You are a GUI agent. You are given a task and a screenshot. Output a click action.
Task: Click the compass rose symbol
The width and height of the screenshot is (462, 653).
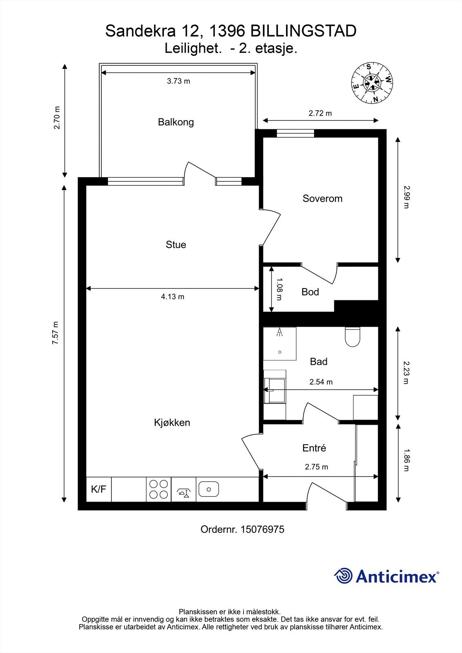click(x=372, y=83)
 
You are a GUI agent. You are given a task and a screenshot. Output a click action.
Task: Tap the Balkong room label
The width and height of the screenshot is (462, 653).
click(x=176, y=122)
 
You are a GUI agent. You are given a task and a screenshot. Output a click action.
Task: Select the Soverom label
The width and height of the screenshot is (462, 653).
click(x=322, y=198)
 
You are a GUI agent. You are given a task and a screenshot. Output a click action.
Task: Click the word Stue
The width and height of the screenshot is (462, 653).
click(x=176, y=244)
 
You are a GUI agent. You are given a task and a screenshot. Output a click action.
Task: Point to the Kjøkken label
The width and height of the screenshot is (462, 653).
click(x=172, y=422)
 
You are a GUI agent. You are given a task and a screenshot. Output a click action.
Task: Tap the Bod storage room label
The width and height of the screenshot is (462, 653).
click(x=310, y=292)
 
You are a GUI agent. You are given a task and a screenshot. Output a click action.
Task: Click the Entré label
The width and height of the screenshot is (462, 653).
click(x=314, y=448)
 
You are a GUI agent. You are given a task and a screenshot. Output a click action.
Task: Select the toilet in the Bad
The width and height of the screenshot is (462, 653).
click(x=353, y=337)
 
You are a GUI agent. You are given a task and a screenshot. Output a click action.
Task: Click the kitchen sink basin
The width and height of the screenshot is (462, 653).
click(x=209, y=489)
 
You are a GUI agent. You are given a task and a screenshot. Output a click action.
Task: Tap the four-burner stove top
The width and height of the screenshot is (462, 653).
click(x=158, y=489)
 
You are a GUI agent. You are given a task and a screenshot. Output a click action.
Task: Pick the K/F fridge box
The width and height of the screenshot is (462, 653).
click(x=98, y=489)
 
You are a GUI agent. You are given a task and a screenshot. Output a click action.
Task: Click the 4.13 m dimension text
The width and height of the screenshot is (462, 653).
click(x=172, y=297)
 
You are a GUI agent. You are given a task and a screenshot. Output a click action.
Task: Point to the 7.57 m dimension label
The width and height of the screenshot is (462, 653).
click(x=56, y=333)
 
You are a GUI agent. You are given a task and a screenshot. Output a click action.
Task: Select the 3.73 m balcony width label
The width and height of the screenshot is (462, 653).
click(x=179, y=81)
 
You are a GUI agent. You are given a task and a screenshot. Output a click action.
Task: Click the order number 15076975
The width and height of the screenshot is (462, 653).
click(x=262, y=529)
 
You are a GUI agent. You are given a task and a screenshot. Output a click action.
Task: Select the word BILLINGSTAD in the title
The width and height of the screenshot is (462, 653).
click(x=304, y=31)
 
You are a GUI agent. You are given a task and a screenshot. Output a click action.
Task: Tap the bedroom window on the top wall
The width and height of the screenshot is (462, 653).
click(x=295, y=133)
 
